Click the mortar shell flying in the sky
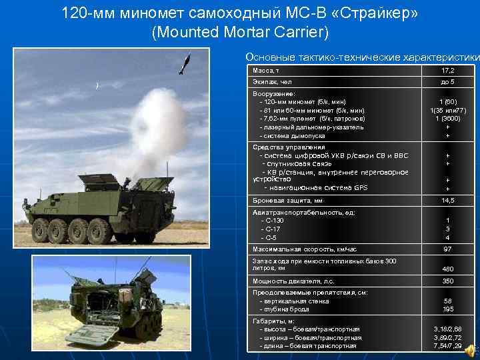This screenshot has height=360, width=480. click(183, 63)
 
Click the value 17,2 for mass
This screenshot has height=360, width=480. click(447, 70)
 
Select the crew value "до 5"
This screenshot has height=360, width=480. click(447, 81)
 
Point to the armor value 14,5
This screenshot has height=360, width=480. click(447, 200)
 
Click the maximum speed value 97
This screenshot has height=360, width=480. click(447, 249)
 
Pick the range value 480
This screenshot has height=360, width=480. click(447, 269)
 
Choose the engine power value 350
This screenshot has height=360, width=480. click(447, 281)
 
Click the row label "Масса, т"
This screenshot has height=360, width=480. click(267, 70)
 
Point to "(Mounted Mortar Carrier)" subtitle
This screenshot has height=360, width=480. click(240, 32)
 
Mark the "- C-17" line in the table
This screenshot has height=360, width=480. click(271, 229)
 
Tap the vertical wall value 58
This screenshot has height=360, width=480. click(447, 301)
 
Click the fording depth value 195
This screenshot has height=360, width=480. click(447, 309)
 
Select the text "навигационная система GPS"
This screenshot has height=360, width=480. click(319, 187)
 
